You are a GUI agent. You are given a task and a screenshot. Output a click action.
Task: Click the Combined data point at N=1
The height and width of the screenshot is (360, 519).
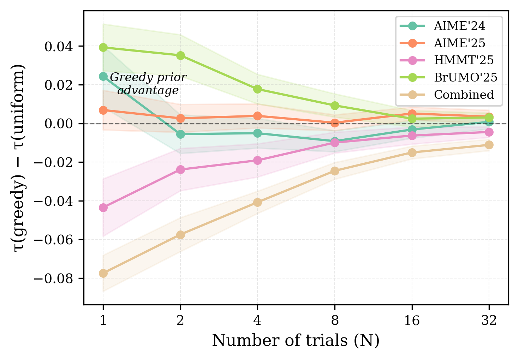(103, 273)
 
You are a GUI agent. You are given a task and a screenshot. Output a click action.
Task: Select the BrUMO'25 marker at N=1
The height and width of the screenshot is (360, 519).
(103, 47)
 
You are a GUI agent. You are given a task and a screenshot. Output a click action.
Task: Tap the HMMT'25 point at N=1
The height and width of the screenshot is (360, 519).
(103, 208)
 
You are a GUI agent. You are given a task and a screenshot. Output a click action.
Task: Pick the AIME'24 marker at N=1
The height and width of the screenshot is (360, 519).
(103, 76)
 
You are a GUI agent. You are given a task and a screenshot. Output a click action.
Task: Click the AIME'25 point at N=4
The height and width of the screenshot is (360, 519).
(257, 116)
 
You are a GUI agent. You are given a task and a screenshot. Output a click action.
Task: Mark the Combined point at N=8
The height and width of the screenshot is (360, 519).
(335, 171)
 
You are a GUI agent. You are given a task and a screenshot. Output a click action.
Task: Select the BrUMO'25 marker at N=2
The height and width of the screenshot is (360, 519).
(180, 55)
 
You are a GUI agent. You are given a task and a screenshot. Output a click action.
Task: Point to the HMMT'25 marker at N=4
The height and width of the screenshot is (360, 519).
(257, 160)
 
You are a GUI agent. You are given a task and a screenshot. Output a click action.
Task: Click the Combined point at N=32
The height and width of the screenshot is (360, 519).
(489, 145)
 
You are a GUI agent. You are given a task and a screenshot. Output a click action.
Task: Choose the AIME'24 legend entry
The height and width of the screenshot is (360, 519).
(459, 26)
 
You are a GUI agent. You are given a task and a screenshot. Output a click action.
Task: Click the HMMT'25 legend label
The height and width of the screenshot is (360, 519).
(464, 60)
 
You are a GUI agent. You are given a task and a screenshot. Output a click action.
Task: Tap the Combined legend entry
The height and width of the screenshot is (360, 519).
(464, 95)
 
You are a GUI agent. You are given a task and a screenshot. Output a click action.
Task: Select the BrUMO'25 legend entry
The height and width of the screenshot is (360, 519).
(465, 77)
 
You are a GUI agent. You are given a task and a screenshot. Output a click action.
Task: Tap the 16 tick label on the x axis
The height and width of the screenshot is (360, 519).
(412, 320)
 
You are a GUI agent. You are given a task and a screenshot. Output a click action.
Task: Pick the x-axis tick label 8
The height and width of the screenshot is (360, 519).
(335, 320)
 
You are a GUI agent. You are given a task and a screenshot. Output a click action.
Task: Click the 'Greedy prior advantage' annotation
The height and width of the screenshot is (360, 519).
(148, 84)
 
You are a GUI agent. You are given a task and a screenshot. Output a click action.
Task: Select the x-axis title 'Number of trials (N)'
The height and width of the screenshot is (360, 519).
(296, 341)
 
